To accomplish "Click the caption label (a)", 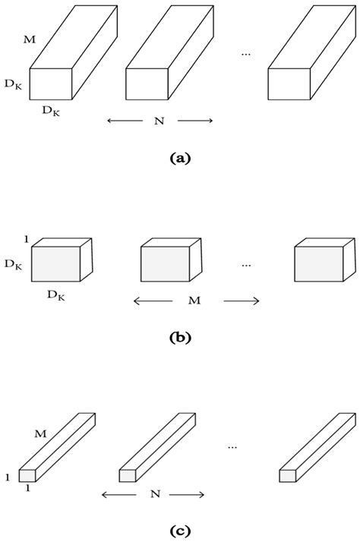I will coord(181,159).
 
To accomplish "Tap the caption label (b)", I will coord(181,339).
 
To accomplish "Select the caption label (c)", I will coord(181,529).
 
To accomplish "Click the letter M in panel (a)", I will coord(30,39).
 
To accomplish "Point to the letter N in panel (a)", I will coord(159,121).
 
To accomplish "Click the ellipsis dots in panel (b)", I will coord(246,266).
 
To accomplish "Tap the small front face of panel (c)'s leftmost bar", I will coord(27,475).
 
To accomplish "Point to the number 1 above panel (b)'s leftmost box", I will coord(26,238).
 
